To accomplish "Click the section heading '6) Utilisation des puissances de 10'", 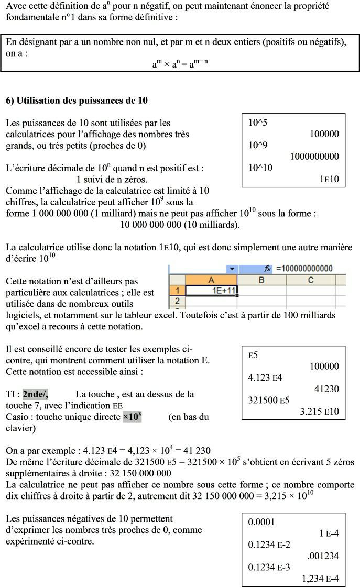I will point(77,100).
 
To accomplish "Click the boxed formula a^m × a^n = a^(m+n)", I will point(180,64).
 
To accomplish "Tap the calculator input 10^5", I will point(258,123).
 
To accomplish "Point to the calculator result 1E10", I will point(329,180).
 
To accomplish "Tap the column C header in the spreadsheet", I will point(310,280).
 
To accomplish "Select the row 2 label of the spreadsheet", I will point(177,301).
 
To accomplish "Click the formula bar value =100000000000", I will point(305,269).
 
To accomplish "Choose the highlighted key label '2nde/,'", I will point(35,394).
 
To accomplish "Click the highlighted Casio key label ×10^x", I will point(133,417).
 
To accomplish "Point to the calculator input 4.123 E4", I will point(265,378).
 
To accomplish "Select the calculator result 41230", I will point(326,389).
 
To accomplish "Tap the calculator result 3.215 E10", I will point(319,412).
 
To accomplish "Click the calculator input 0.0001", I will point(261,522).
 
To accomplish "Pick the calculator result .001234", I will point(323,556).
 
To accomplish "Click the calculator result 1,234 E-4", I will point(320,579).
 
